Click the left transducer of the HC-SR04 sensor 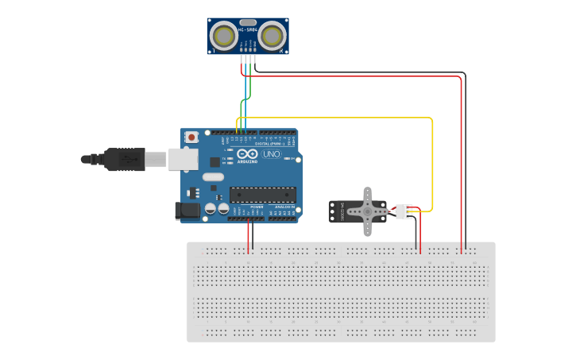pyautogui.click(x=225, y=36)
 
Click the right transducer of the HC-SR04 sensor pyautogui.click(x=273, y=36)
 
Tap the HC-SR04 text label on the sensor pyautogui.click(x=248, y=30)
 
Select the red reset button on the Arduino pyautogui.click(x=191, y=137)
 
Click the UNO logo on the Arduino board pyautogui.click(x=271, y=154)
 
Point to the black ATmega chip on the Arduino pyautogui.click(x=263, y=194)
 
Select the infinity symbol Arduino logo pyautogui.click(x=247, y=154)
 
